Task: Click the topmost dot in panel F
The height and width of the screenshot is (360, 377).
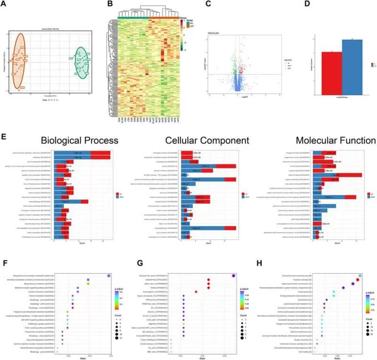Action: [109, 276]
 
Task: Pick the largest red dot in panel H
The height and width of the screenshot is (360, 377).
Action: [358, 280]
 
